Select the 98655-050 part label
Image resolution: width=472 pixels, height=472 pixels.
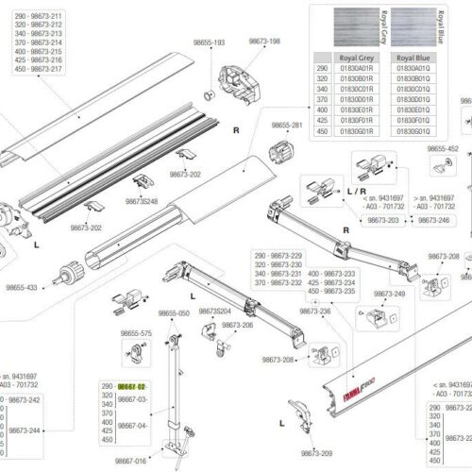click(x=173, y=312)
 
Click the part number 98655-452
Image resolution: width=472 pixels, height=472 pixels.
click(x=441, y=148)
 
